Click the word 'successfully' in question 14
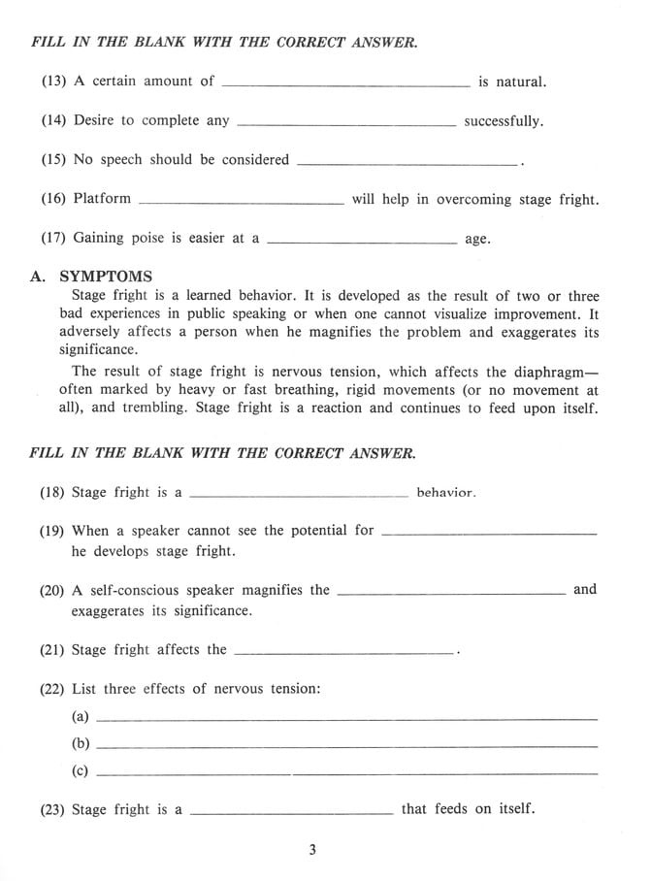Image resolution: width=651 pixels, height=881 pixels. point(503,122)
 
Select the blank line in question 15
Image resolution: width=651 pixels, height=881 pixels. point(407,164)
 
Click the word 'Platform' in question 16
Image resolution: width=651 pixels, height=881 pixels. point(102,199)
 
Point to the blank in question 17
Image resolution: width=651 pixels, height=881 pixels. point(361,243)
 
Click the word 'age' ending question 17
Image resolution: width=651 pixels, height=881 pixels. point(477,240)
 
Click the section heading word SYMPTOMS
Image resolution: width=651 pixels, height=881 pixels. point(106,277)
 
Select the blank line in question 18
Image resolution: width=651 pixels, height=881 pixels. point(299,496)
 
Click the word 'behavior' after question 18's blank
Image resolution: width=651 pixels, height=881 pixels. point(446,493)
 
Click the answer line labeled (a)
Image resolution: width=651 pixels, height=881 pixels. point(347,719)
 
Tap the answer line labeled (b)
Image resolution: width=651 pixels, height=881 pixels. point(347,746)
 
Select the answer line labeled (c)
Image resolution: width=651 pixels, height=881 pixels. point(347,773)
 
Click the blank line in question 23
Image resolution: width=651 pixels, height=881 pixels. point(292,812)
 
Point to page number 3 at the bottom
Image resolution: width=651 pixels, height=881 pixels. point(312,851)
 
